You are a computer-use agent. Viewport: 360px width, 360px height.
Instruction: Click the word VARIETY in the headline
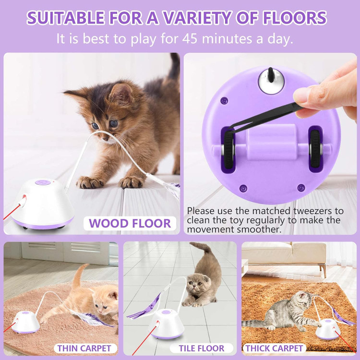coord(197,18)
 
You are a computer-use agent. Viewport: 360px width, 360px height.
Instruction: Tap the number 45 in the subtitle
coord(190,38)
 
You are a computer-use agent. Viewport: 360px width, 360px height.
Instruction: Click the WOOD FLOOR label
coord(130,223)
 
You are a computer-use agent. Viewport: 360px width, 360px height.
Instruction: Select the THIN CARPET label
coord(84,348)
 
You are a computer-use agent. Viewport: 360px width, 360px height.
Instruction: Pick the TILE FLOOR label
coord(202,348)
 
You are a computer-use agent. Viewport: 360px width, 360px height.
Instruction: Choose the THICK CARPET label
coord(274,348)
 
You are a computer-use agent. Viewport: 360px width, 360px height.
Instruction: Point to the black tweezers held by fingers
coord(264,118)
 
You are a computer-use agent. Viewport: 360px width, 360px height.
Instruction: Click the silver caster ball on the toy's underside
coord(271,81)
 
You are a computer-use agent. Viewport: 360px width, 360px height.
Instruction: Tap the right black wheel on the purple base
coord(315,149)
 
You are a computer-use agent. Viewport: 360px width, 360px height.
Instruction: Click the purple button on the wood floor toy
coord(43,182)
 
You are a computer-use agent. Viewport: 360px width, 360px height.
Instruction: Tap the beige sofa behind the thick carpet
coord(284,255)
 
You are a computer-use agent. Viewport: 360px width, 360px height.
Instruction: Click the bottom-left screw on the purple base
coord(243,188)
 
